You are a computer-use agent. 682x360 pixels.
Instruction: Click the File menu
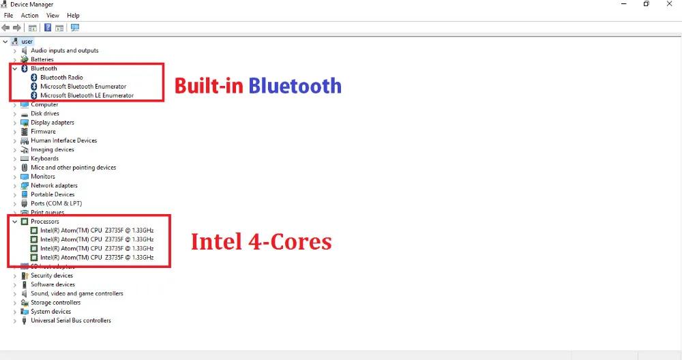(x=8, y=15)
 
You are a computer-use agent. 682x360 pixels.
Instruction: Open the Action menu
(x=29, y=15)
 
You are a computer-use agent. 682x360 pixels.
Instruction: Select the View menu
(x=53, y=15)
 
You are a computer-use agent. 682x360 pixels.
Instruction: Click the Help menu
(x=73, y=15)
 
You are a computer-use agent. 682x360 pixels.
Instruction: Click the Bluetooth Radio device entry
(x=61, y=78)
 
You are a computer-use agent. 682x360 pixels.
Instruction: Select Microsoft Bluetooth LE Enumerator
(x=87, y=95)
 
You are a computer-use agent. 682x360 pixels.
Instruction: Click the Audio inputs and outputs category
(x=64, y=50)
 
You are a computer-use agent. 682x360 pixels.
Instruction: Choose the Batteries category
(x=42, y=59)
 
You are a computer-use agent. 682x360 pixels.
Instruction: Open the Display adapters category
(x=52, y=123)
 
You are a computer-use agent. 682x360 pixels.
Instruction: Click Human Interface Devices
(x=63, y=140)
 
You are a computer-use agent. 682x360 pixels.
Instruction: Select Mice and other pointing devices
(x=73, y=168)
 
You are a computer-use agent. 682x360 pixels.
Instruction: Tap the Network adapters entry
(x=54, y=185)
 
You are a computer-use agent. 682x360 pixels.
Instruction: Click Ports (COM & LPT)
(x=56, y=203)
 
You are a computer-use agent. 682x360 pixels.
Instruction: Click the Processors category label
(x=44, y=222)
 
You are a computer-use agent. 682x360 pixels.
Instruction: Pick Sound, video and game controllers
(x=76, y=294)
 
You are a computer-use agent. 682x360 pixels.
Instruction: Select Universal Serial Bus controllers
(x=70, y=320)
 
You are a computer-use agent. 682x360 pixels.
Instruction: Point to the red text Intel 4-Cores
(x=261, y=241)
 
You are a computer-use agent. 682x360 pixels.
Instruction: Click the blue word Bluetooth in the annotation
(x=295, y=86)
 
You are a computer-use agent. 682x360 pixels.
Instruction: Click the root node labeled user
(x=27, y=42)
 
